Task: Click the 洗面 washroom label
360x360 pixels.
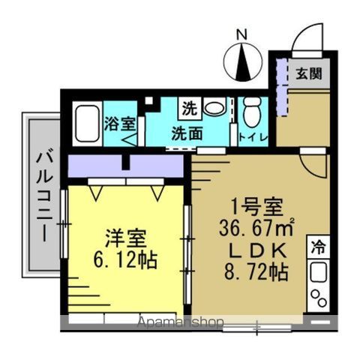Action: (x=185, y=135)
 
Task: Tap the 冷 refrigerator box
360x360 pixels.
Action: (x=318, y=246)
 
